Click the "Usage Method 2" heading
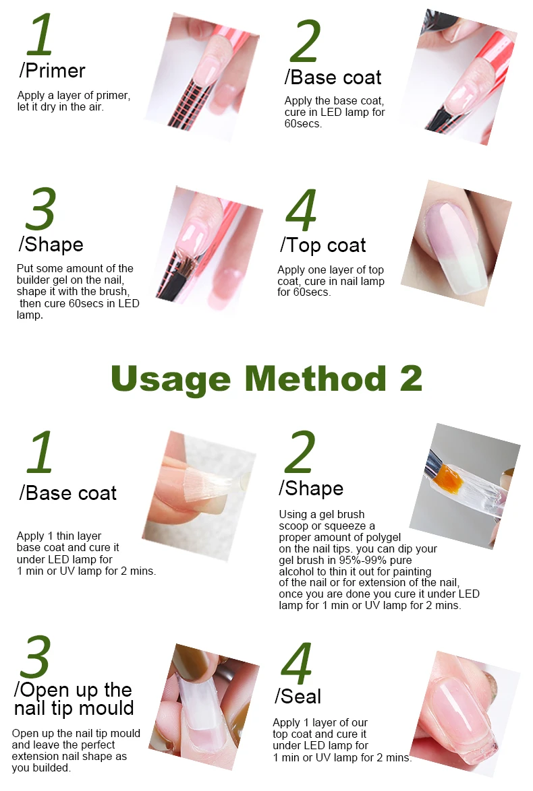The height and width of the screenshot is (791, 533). pyautogui.click(x=266, y=379)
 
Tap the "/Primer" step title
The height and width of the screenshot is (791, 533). pyautogui.click(x=52, y=71)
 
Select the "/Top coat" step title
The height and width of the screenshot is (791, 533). pyautogui.click(x=322, y=245)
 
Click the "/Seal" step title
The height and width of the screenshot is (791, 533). pyautogui.click(x=298, y=696)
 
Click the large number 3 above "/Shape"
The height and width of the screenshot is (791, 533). pyautogui.click(x=40, y=209)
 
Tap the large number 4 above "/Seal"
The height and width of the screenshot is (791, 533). pyautogui.click(x=297, y=663)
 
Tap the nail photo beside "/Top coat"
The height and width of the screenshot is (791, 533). pyautogui.click(x=456, y=243)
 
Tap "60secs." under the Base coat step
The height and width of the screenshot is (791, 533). pyautogui.click(x=303, y=123)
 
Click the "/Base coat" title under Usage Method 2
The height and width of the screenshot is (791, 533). pyautogui.click(x=67, y=493)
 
